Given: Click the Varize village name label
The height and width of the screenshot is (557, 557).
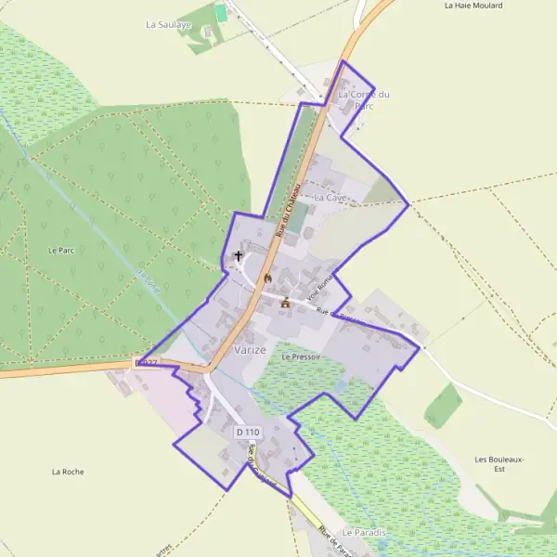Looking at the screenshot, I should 251,350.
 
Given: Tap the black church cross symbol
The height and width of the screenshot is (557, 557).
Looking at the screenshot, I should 239,255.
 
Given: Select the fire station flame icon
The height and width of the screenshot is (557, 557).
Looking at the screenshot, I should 268,278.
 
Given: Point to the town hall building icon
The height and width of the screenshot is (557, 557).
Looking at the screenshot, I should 285,303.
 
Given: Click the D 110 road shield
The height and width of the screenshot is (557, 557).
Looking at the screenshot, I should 248,433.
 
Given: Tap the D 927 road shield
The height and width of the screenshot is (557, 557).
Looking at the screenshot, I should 147,362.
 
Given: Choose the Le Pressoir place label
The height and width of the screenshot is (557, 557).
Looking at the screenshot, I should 300,356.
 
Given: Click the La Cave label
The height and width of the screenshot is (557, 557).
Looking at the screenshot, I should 330,198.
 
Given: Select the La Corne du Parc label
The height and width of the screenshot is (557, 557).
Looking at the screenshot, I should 363,99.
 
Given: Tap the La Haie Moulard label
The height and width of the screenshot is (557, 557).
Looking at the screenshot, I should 473,6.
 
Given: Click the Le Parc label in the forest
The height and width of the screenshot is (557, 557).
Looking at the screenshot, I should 60,251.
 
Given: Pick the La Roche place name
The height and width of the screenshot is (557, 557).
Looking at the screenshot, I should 69,472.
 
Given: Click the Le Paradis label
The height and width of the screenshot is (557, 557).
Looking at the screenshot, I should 363,532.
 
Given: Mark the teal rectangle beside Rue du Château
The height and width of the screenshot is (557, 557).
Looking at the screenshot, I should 297,217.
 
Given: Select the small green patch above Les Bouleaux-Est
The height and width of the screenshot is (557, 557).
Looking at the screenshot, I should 444,406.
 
